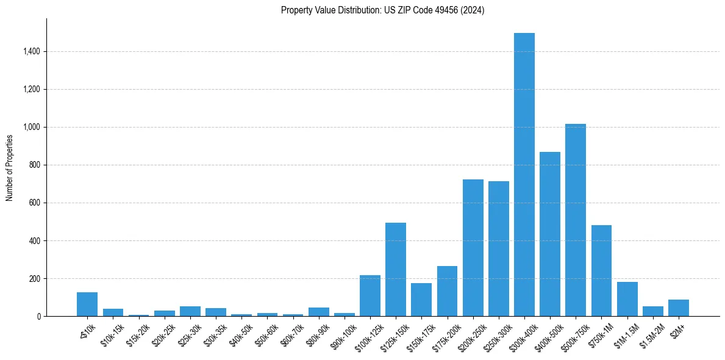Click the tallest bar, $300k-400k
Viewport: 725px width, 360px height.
(524, 177)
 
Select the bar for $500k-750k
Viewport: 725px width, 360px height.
(576, 220)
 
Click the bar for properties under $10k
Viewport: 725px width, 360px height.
(87, 304)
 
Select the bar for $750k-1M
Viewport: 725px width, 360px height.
(601, 271)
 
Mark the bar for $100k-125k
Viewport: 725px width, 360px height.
(370, 296)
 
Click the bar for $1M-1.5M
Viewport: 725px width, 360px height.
(627, 300)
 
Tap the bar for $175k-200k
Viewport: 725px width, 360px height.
(447, 291)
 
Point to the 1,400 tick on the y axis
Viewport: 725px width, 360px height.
(32, 52)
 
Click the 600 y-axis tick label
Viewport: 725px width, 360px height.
(35, 203)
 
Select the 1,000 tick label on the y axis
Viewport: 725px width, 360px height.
(32, 128)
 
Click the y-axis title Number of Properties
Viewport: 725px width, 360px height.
(10, 167)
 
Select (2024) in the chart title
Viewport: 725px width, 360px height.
(473, 10)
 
